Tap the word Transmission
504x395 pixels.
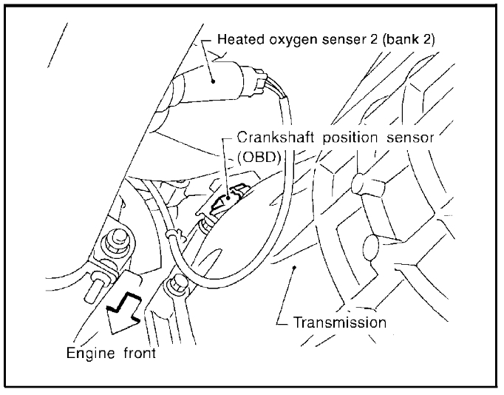340,323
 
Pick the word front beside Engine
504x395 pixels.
139,354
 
